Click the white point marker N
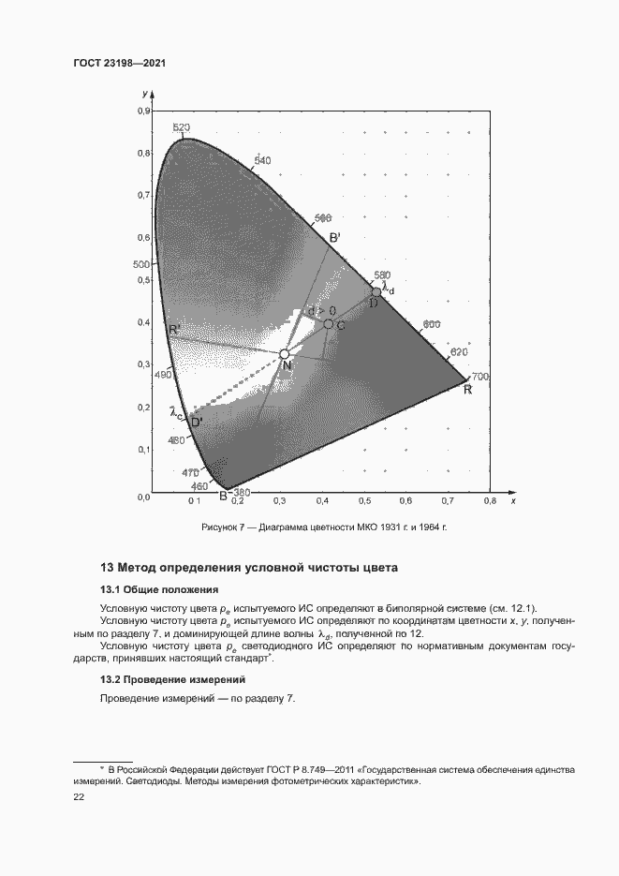(285, 354)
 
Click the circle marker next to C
(329, 324)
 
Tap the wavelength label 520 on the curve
(182, 127)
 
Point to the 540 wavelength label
(262, 160)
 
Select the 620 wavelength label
(458, 352)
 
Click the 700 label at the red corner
(481, 377)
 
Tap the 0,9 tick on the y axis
(144, 111)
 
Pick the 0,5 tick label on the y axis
(144, 280)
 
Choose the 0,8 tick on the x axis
(488, 501)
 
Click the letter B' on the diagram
(334, 238)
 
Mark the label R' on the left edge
(174, 330)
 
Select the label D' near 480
(197, 423)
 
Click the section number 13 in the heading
(107, 568)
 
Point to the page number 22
(79, 796)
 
